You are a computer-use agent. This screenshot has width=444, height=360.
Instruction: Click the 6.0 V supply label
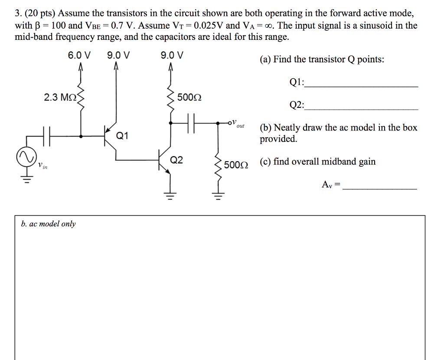79,55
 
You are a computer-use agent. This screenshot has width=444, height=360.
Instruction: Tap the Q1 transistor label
122,136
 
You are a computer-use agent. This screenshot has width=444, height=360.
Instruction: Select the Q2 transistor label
176,160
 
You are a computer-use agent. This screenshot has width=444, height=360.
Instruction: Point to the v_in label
42,165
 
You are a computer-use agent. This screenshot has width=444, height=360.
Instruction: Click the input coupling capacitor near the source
47,135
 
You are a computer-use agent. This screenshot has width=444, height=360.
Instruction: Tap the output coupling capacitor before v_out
193,123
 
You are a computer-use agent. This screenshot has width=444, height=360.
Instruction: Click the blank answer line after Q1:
362,86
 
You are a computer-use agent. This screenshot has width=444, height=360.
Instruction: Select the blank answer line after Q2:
362,108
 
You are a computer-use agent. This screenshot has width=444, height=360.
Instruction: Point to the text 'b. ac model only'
48,224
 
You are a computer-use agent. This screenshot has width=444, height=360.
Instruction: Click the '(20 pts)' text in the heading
37,13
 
